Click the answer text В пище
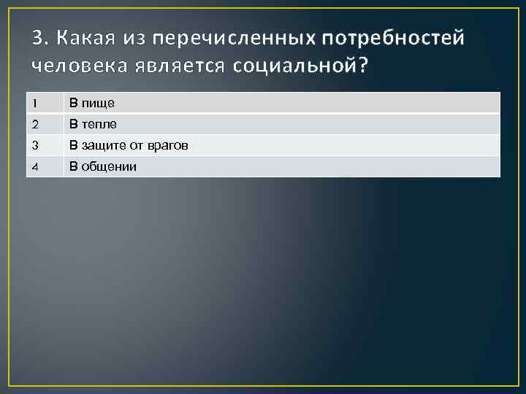pyautogui.click(x=91, y=104)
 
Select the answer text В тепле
pyautogui.click(x=93, y=125)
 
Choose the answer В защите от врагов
pyautogui.click(x=129, y=146)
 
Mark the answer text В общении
pyautogui.click(x=102, y=167)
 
